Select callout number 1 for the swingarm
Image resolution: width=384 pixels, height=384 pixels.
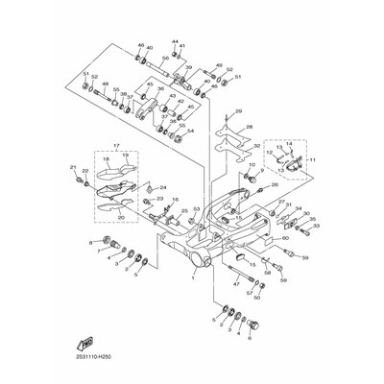[x=192, y=281]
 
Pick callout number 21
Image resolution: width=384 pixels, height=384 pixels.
[x=73, y=168]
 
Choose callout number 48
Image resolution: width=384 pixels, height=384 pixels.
[x=106, y=84]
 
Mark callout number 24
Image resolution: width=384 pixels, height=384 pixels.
[x=162, y=187]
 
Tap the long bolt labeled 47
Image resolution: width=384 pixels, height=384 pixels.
[x=252, y=281]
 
